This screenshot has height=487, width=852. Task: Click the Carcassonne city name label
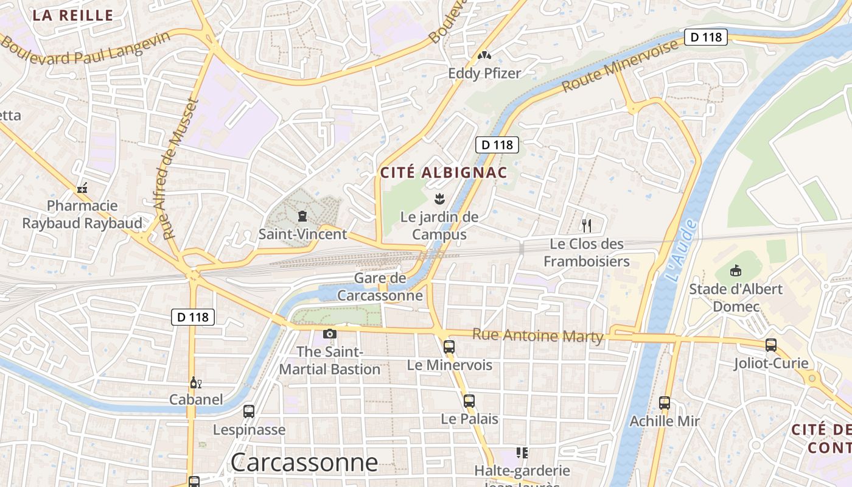pos(304,462)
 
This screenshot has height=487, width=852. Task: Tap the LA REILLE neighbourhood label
pos(73,15)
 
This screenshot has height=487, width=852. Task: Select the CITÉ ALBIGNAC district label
pos(444,172)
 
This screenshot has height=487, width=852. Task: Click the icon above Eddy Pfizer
pos(484,55)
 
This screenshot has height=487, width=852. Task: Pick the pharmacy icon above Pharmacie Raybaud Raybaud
pos(82,189)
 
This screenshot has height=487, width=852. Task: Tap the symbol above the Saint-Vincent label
pos(302,216)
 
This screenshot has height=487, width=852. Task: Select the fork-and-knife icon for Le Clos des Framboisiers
pos(587,226)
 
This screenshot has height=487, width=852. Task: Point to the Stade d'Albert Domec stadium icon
pos(735,270)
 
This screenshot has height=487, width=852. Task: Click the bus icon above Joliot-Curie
pos(771,345)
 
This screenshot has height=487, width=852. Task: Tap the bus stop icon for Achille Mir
pos(665,403)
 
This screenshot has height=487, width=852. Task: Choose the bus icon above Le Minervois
pos(449,347)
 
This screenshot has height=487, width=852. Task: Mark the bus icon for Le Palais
pos(469,401)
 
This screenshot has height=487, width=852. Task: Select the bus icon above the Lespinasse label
pos(249,412)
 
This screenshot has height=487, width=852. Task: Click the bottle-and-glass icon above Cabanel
pos(195,382)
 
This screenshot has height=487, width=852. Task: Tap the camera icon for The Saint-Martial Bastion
pos(330,334)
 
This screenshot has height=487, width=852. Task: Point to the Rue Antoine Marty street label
pos(537,335)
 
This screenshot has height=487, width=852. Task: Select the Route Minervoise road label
pos(620,66)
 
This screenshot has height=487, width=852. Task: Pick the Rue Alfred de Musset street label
pos(181,169)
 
